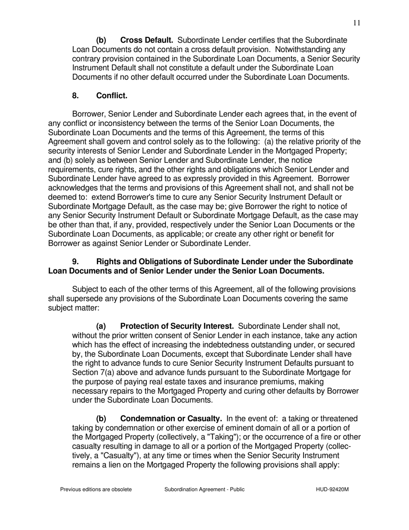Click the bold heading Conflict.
coord(112,96)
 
